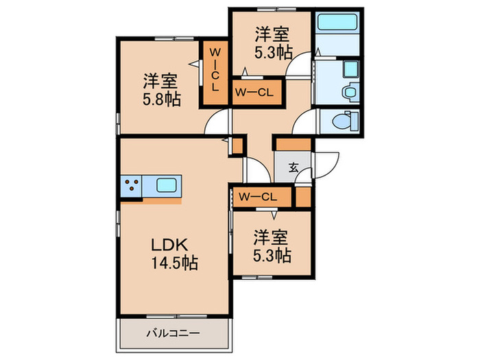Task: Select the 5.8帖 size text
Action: pos(162,99)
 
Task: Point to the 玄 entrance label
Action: pos(293,166)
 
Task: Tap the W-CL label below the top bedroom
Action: pos(255,91)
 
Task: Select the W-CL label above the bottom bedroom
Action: pos(258,197)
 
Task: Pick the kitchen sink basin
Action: pos(167,184)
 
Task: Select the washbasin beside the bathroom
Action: pos(350,69)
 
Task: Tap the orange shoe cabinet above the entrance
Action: pos(293,145)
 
